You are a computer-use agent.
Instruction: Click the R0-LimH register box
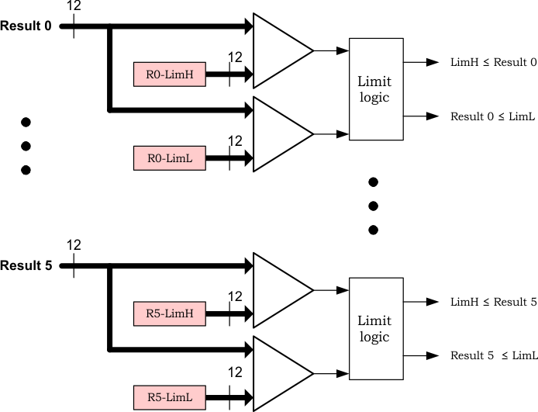pyautogui.click(x=169, y=74)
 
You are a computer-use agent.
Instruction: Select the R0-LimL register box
pyautogui.click(x=169, y=158)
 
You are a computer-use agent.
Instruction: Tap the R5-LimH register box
pyautogui.click(x=169, y=313)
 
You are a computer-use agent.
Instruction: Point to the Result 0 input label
pyautogui.click(x=26, y=26)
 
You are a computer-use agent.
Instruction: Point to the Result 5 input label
pyautogui.click(x=26, y=265)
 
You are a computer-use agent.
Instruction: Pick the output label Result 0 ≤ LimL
pyautogui.click(x=493, y=116)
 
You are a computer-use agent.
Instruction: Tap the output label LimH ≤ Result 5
pyautogui.click(x=493, y=302)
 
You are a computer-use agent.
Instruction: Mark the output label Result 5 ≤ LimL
pyautogui.click(x=493, y=355)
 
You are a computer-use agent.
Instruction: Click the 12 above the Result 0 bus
pyautogui.click(x=74, y=6)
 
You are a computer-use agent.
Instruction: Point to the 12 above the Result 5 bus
pyautogui.click(x=74, y=245)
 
